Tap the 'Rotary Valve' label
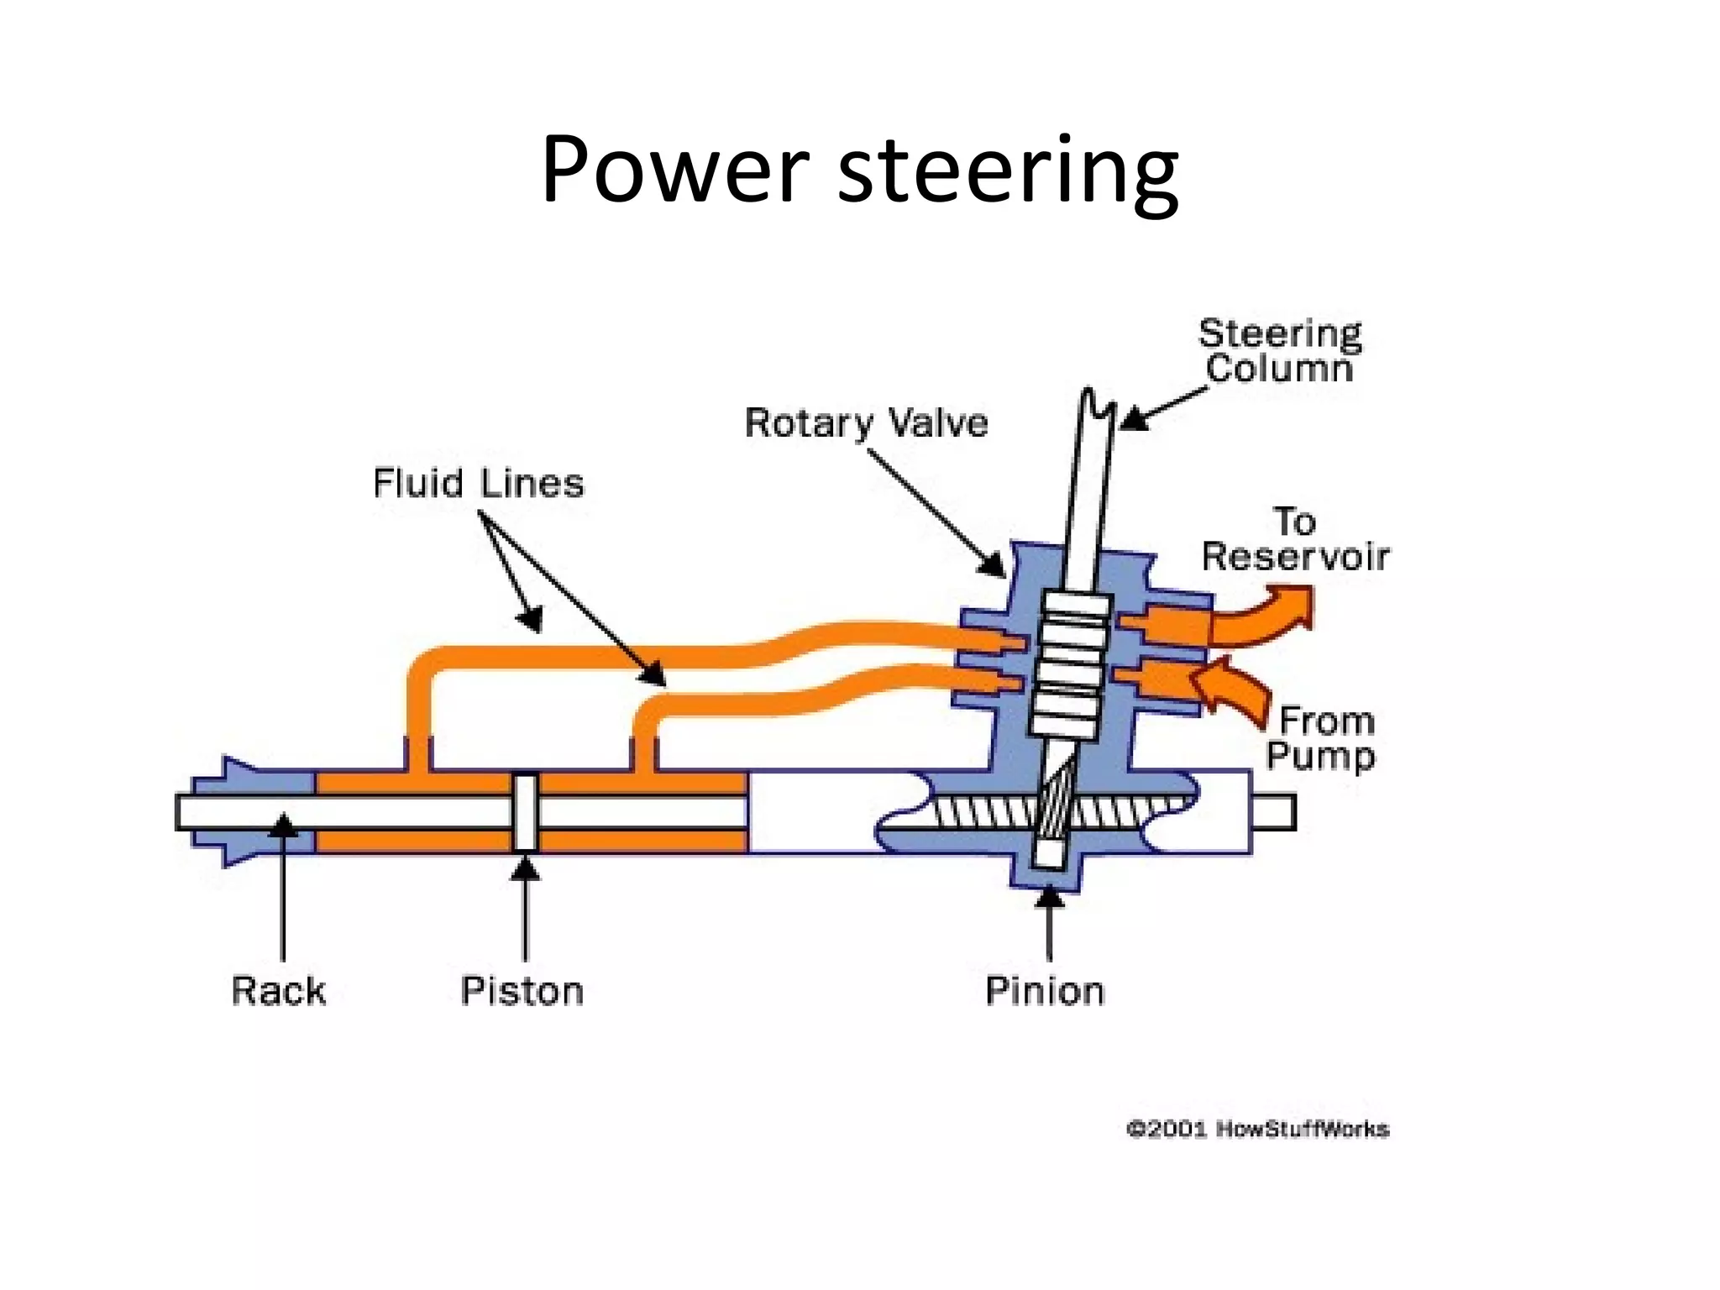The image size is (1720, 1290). pos(866,422)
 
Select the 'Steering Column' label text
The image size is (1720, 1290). pos(1279,351)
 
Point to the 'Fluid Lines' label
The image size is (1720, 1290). pos(478,483)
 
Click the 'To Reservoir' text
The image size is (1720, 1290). pos(1295,539)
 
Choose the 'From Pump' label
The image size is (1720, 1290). pos(1320,737)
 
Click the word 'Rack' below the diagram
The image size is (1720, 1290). pos(278,990)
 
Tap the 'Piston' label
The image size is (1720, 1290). pos(522,990)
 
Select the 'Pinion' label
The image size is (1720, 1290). pos(1044,990)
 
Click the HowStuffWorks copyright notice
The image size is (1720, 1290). pos(1257,1129)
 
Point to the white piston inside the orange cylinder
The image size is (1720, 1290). pos(526,812)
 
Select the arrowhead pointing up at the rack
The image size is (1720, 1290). pos(284,825)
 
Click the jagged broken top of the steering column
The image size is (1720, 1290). pos(1098,405)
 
